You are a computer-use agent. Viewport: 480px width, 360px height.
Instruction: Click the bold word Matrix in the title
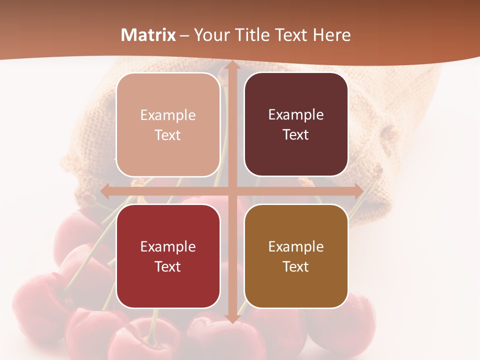point(148,35)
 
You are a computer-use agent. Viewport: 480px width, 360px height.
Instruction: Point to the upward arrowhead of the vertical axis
point(232,66)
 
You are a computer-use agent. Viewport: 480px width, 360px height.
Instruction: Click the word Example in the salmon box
point(168,115)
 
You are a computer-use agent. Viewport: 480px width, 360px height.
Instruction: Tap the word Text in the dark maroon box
point(296,135)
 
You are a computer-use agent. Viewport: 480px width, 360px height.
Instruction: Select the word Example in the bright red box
point(168,246)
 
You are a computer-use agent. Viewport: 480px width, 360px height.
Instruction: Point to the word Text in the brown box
point(296,266)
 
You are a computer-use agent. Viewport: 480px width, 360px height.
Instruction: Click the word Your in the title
point(209,35)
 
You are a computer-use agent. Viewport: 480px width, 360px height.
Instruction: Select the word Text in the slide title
point(291,35)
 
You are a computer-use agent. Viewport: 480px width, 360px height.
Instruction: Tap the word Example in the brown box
point(296,246)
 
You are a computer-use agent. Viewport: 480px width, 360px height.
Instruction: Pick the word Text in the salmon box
point(168,135)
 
